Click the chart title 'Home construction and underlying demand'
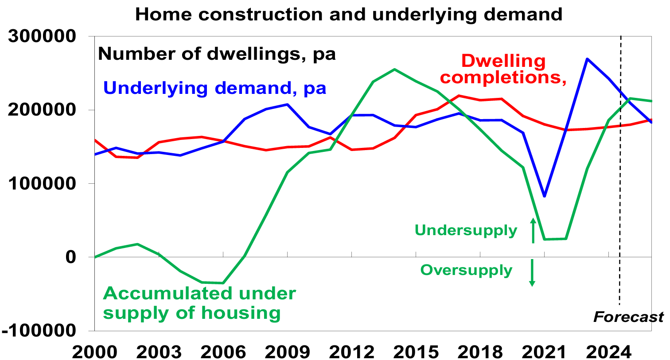click(x=348, y=14)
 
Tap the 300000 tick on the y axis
click(x=43, y=36)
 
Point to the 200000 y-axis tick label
click(x=43, y=110)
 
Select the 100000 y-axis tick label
click(x=43, y=183)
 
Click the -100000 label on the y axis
click(x=39, y=330)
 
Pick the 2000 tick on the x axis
click(x=95, y=352)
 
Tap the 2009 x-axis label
click(x=288, y=352)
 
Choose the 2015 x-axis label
click(x=416, y=352)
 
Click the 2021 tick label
click(x=545, y=352)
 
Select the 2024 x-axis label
click(x=609, y=352)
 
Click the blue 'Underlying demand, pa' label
click(x=214, y=88)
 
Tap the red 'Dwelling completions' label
click(x=503, y=70)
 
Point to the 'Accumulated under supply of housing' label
click(x=199, y=303)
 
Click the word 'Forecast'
click(x=628, y=317)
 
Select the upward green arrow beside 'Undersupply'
click(x=533, y=230)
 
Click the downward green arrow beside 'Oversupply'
click(x=532, y=273)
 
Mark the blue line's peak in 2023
click(x=587, y=58)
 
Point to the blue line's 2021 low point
click(x=545, y=196)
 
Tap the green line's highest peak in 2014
click(x=394, y=69)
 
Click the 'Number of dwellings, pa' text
click(x=217, y=54)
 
